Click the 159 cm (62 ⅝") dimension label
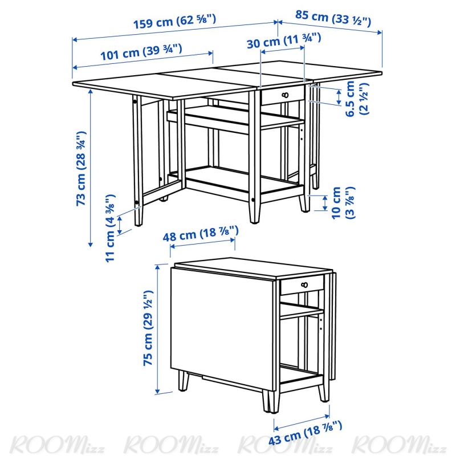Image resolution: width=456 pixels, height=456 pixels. click(174, 22)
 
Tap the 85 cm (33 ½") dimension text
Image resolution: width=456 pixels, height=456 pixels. click(333, 18)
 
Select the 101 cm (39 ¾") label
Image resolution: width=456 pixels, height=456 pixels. click(141, 52)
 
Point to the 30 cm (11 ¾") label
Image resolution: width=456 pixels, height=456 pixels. click(284, 40)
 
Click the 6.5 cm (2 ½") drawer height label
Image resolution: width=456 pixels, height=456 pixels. click(357, 98)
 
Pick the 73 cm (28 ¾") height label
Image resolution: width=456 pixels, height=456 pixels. click(81, 169)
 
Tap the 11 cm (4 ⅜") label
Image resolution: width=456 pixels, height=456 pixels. click(110, 229)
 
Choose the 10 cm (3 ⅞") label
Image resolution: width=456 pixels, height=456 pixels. click(343, 203)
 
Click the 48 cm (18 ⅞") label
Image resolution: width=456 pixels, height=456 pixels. click(201, 234)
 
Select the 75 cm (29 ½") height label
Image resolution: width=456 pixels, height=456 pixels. click(148, 328)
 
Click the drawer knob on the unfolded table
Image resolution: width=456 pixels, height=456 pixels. click(286, 95)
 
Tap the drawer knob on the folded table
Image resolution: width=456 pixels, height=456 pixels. click(304, 285)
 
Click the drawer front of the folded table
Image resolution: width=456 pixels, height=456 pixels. click(302, 284)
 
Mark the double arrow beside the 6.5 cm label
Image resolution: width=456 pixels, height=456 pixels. click(339, 97)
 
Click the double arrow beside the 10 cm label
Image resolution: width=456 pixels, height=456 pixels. click(325, 203)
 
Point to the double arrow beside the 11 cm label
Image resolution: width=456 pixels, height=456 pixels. click(120, 225)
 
